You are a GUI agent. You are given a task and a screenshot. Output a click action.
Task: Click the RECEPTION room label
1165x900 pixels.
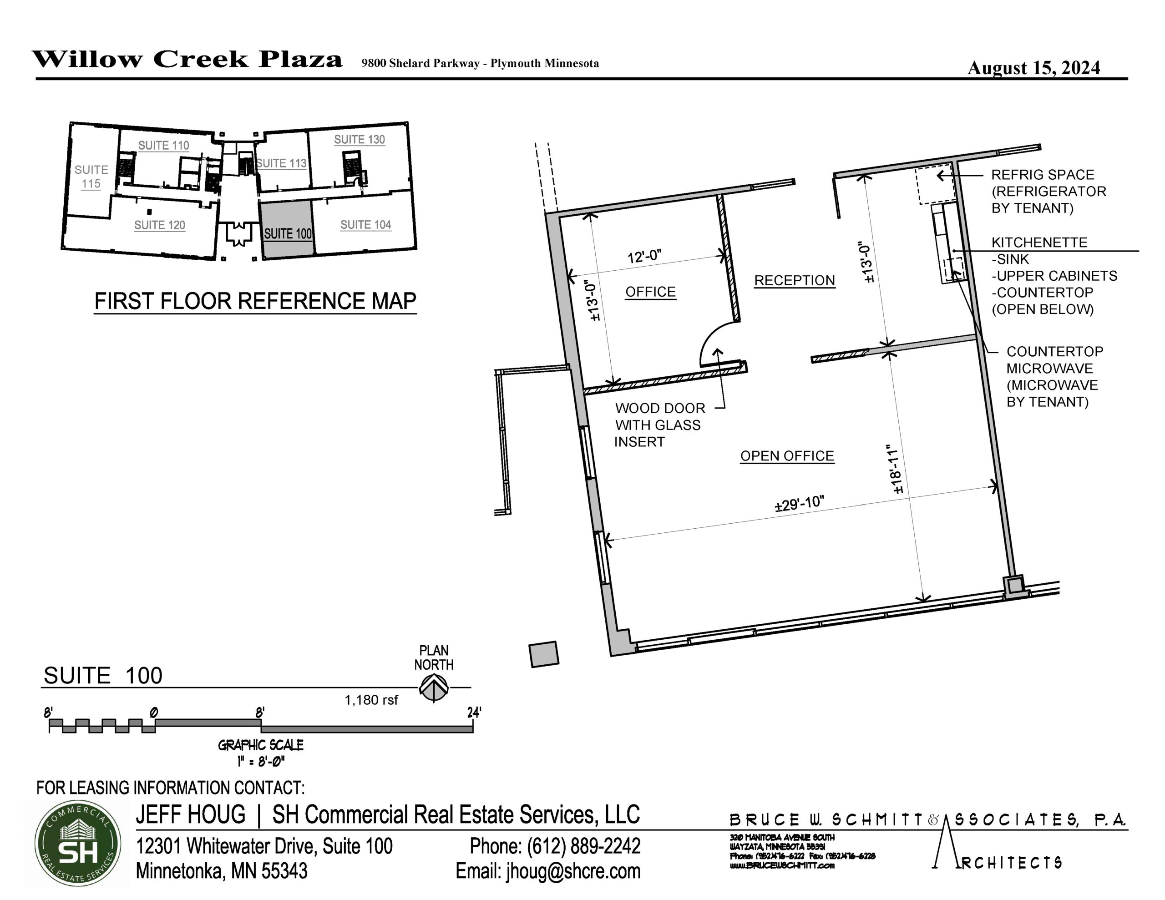click(x=794, y=281)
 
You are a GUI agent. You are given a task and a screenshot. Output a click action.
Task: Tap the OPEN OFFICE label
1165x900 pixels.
click(x=787, y=456)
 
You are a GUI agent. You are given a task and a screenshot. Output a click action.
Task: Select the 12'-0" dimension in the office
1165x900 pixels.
click(x=644, y=257)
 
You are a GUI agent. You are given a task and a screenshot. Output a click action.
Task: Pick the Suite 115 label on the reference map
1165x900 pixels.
click(x=91, y=177)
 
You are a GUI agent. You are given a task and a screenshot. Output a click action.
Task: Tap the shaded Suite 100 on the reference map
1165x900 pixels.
click(x=287, y=230)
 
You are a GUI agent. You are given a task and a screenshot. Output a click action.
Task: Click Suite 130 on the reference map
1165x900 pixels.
click(x=360, y=140)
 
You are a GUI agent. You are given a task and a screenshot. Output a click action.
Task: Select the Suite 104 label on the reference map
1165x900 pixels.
click(x=366, y=225)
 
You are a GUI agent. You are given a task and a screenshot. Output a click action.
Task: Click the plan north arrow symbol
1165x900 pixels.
click(x=434, y=688)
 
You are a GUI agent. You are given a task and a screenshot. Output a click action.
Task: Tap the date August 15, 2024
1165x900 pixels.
click(x=1034, y=68)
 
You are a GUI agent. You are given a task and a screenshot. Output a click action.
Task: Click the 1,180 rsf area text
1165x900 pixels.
click(x=371, y=700)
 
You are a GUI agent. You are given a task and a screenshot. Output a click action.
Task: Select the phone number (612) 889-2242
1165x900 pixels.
click(x=583, y=845)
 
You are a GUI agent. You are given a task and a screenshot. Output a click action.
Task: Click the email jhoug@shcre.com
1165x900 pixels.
click(x=573, y=871)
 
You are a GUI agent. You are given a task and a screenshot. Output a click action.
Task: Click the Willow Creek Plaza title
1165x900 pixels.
click(x=187, y=59)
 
